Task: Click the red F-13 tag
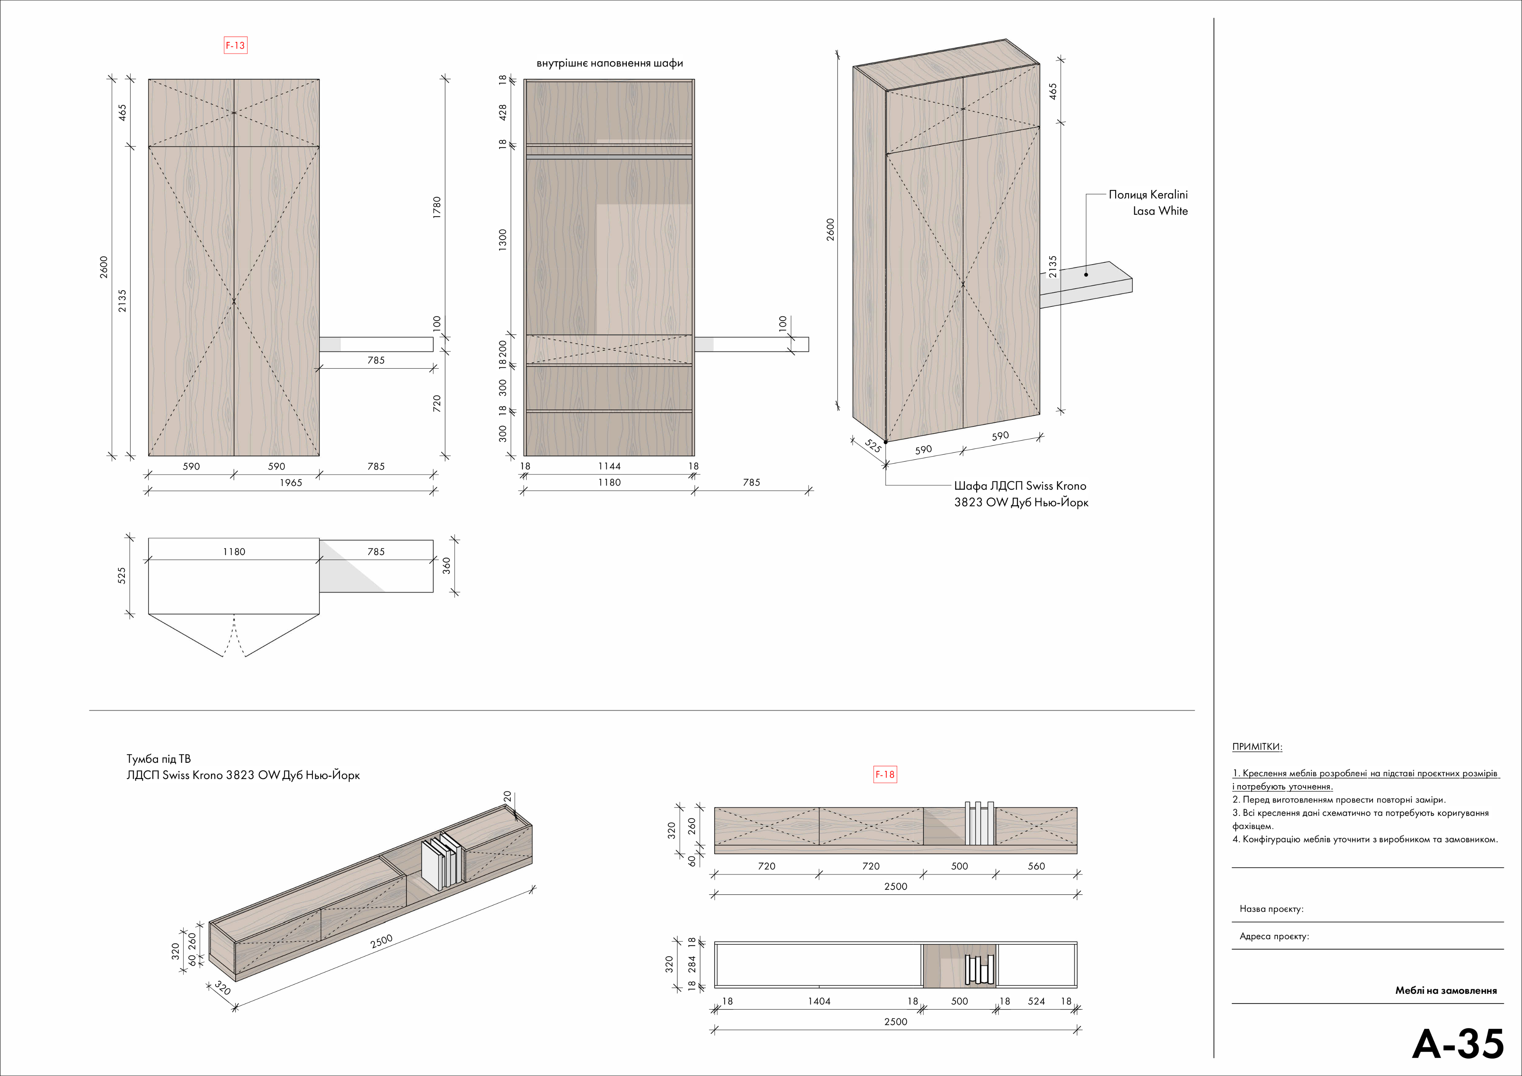point(235,46)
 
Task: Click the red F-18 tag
point(885,774)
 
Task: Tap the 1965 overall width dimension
point(290,483)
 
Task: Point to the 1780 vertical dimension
point(436,208)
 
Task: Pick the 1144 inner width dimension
point(609,466)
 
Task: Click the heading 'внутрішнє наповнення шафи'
point(609,64)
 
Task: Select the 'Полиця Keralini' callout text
point(1148,195)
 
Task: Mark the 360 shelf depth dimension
point(447,565)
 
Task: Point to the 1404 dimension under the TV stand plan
point(819,1001)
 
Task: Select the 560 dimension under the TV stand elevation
point(1036,866)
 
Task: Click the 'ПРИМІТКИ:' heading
point(1257,746)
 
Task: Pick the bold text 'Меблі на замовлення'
point(1446,991)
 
